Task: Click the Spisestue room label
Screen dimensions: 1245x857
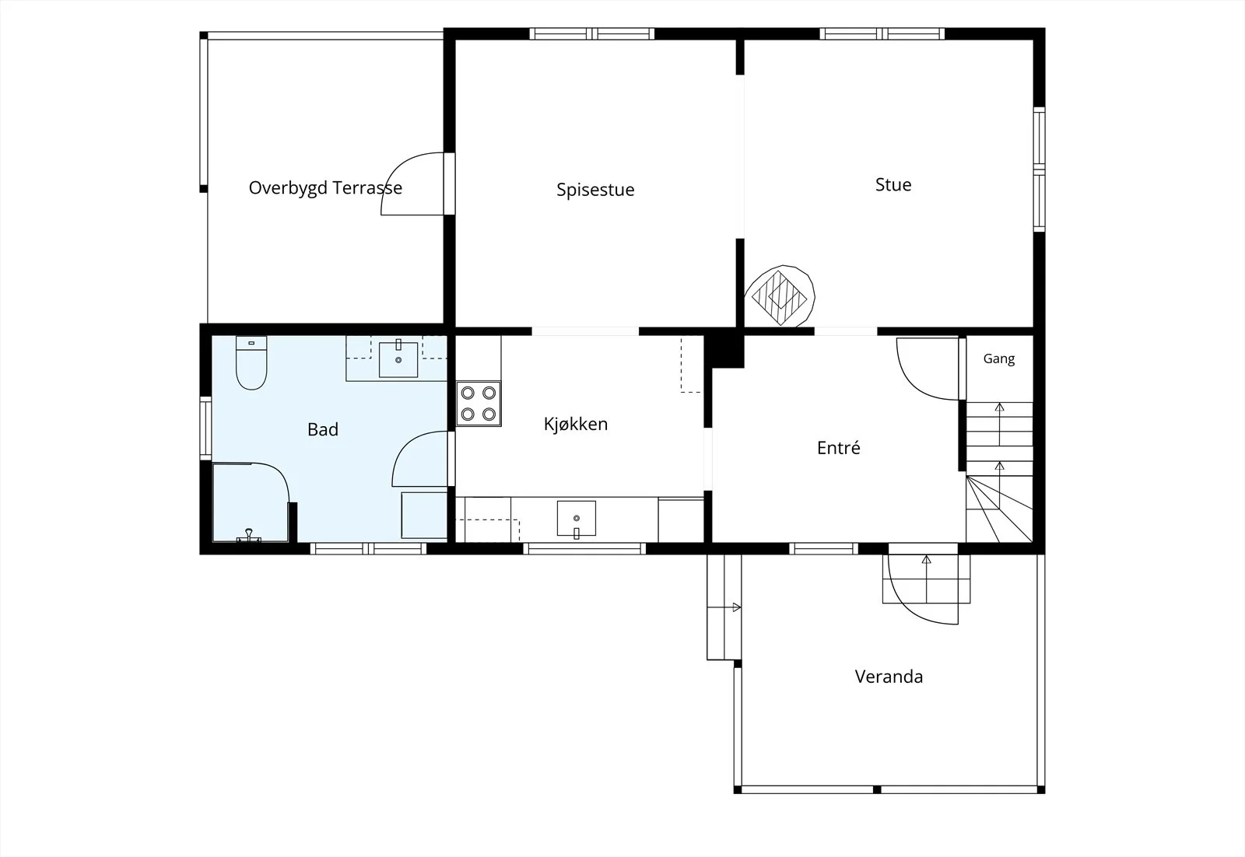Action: [595, 190]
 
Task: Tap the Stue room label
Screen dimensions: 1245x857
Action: [893, 185]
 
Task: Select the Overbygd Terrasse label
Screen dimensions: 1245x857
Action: [325, 188]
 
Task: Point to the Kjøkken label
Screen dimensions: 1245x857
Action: [575, 425]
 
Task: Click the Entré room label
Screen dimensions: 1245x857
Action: [838, 448]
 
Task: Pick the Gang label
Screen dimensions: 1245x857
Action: [999, 359]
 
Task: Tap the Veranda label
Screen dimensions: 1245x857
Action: [889, 677]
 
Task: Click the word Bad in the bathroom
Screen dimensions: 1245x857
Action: [322, 429]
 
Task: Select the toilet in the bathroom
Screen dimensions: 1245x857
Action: [251, 362]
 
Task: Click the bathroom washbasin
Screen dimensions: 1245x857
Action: [398, 360]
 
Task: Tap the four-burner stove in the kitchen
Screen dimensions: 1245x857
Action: [479, 404]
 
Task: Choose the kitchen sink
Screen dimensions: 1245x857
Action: [577, 519]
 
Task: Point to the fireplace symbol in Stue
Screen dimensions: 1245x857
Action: [779, 296]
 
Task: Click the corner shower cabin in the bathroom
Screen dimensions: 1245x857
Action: [251, 502]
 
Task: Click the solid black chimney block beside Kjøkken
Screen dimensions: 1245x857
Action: [724, 350]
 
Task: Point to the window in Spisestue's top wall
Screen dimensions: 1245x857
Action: [591, 34]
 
